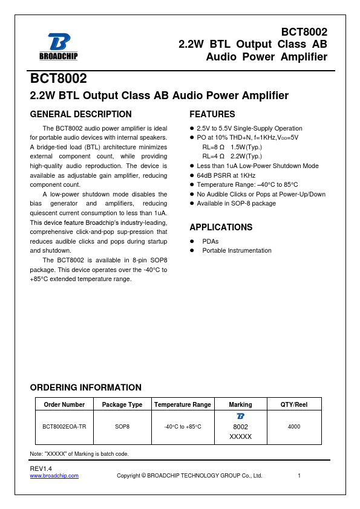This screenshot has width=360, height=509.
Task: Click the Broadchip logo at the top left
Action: [58, 47]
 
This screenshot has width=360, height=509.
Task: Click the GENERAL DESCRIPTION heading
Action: [80, 114]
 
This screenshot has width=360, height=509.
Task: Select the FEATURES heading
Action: [212, 114]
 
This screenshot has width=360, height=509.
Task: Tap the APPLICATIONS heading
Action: [221, 227]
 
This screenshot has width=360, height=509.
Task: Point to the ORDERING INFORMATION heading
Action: [85, 387]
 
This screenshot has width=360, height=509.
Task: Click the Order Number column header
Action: [64, 404]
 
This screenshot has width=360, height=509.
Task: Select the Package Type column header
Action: [122, 404]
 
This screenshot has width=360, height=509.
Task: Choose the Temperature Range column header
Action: [183, 404]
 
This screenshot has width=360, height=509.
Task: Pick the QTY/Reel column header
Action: [294, 404]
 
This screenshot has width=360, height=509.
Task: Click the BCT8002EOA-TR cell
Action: [64, 426]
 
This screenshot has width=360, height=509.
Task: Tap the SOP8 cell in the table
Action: [122, 426]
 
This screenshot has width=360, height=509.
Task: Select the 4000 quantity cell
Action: [294, 426]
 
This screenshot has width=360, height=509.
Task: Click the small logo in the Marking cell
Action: [241, 417]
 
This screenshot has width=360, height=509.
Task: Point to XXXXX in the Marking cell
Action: [241, 436]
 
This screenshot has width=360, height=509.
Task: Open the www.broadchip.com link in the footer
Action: [54, 476]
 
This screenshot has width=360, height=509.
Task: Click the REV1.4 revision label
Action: [41, 468]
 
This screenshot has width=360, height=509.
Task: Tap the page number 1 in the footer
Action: [299, 476]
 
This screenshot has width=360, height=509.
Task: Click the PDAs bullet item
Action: [211, 241]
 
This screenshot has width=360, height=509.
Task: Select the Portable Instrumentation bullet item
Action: [237, 250]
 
